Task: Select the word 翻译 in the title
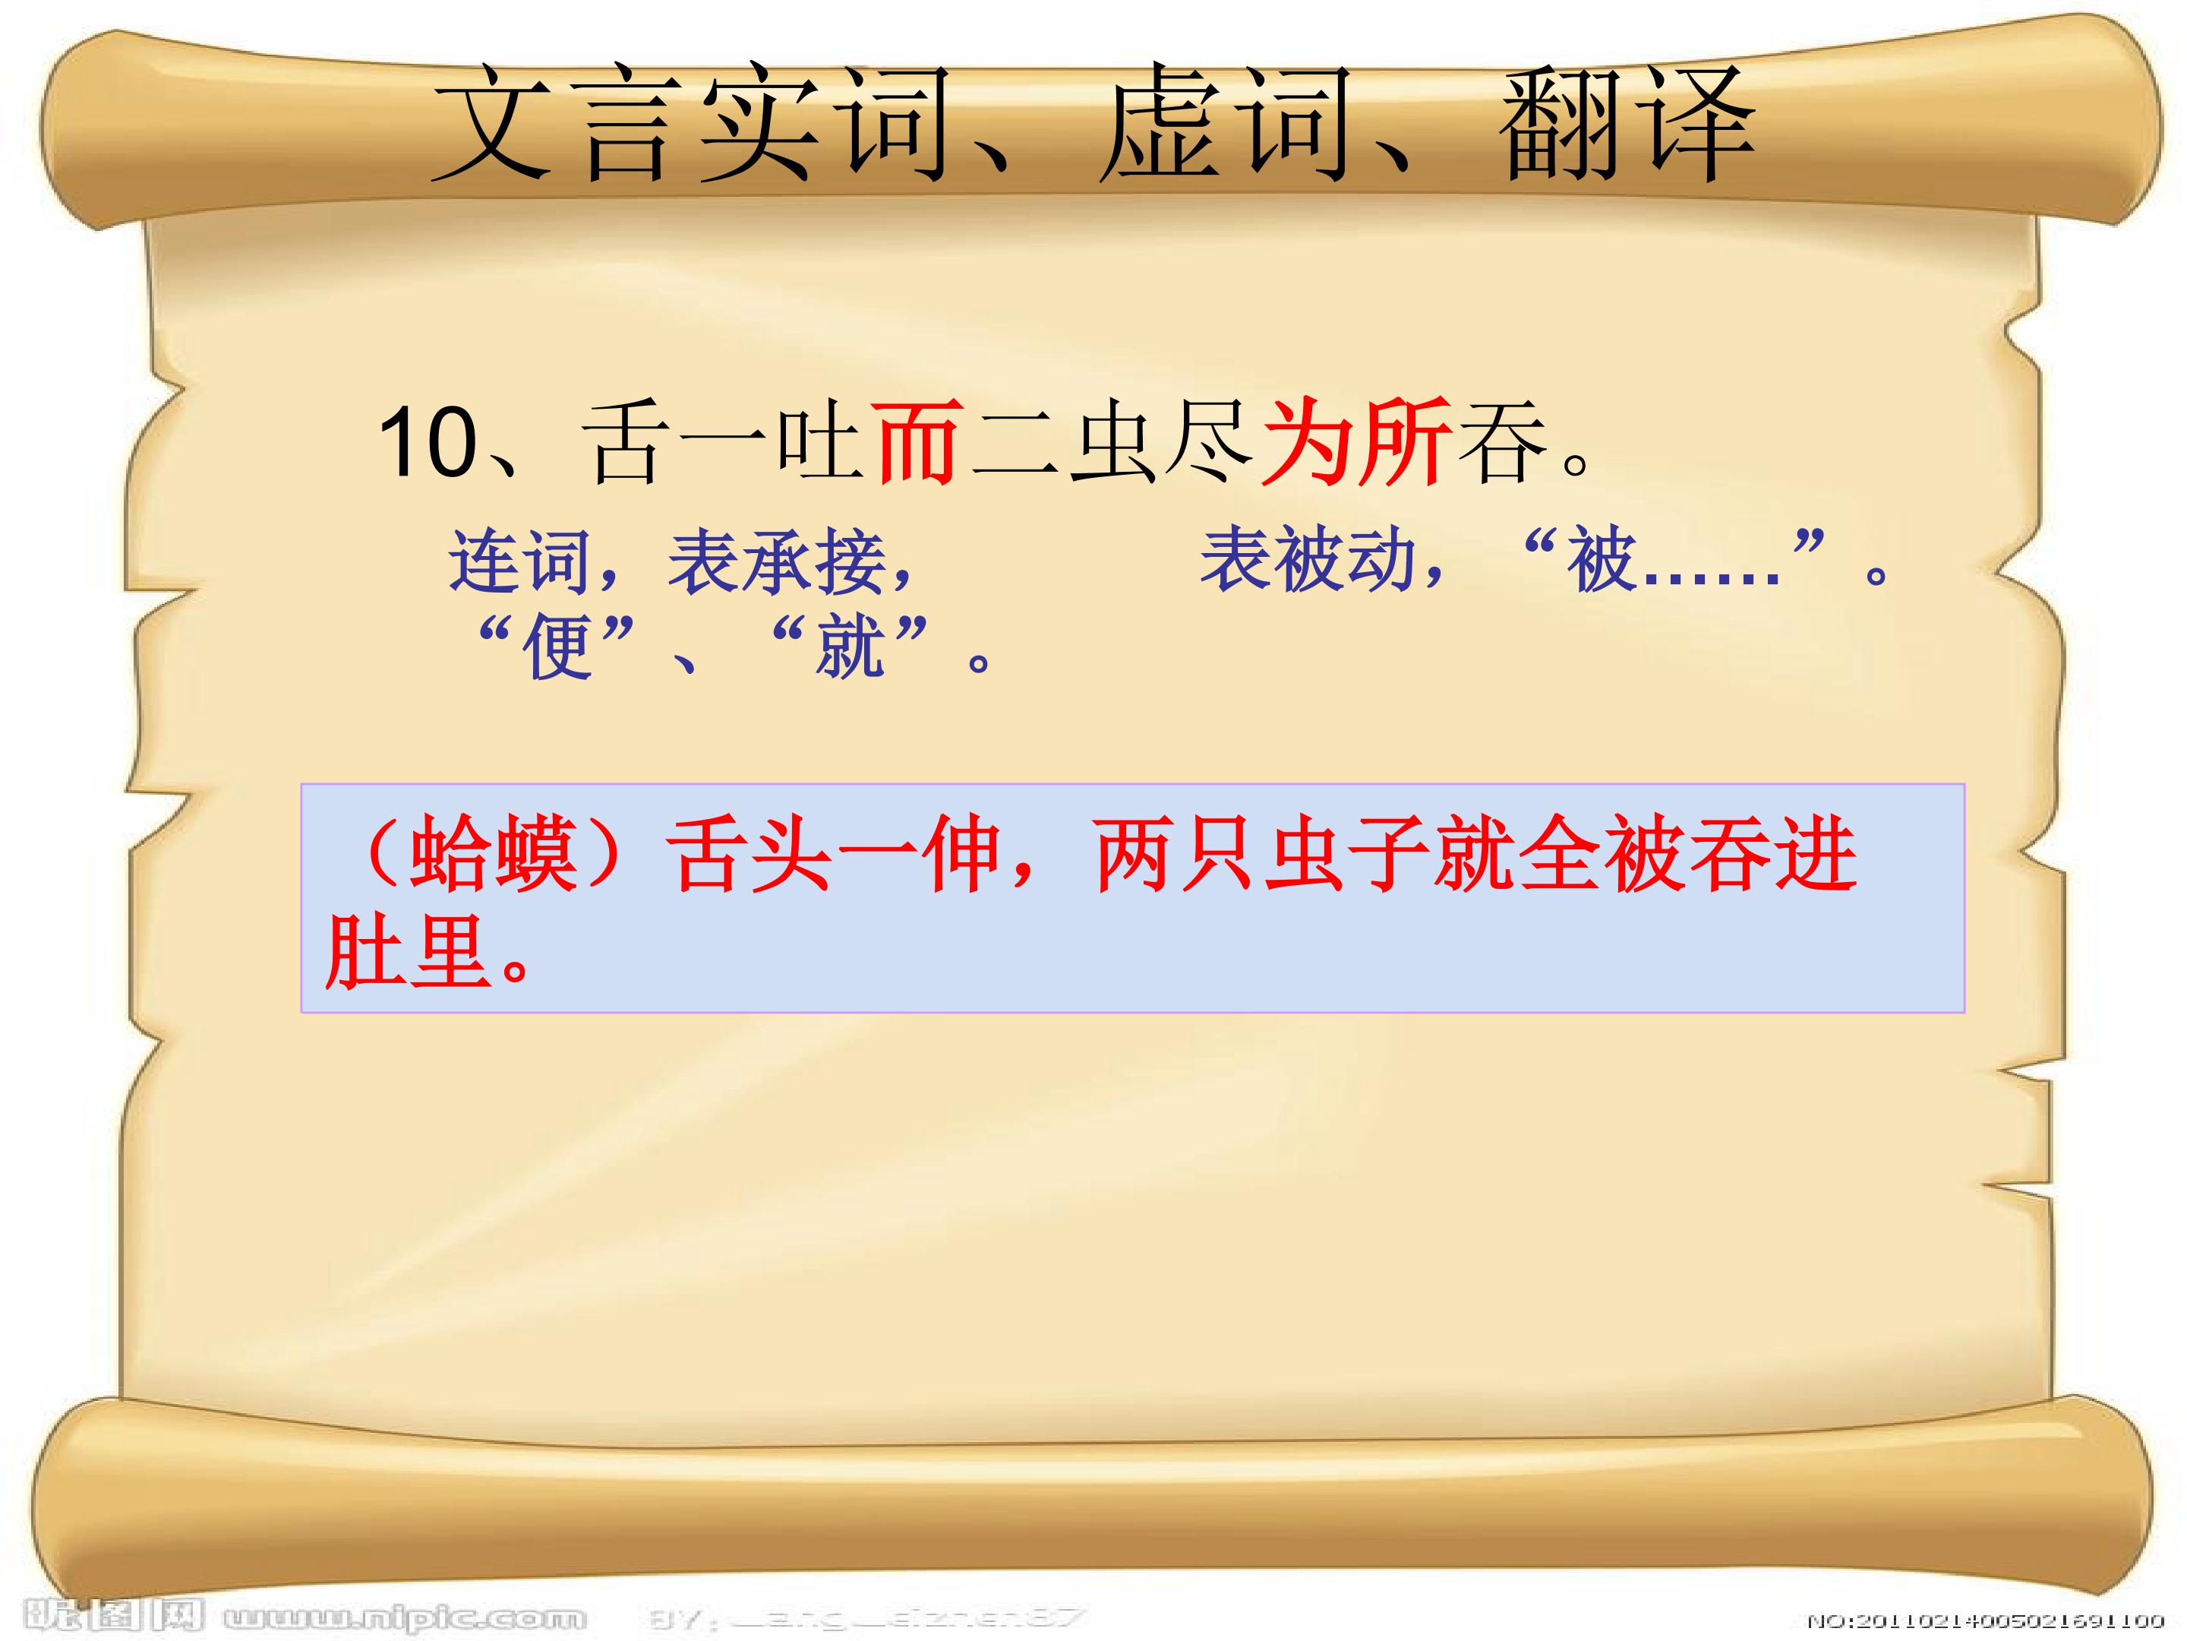click(1627, 124)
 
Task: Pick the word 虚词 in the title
click(1226, 124)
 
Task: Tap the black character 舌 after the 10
click(623, 444)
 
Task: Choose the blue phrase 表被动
click(1309, 560)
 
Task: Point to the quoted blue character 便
click(559, 648)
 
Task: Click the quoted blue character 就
click(850, 648)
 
